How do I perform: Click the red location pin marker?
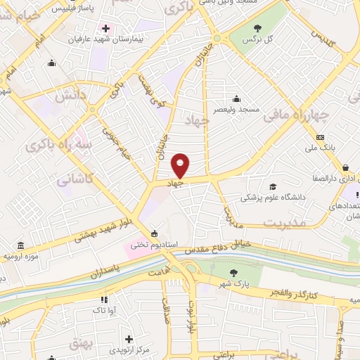pos(181,165)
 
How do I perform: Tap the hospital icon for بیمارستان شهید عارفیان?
pos(106,29)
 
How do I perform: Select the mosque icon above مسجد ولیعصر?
pos(236,98)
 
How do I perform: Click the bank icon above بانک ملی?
pos(321,137)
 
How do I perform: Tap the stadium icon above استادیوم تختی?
pos(154,234)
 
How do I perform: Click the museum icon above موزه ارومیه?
pos(20,246)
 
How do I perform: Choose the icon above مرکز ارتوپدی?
pos(129,339)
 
